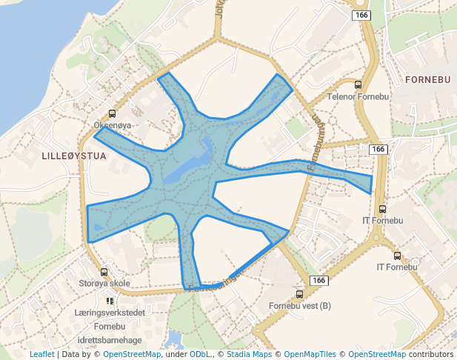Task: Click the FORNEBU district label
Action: [429, 78]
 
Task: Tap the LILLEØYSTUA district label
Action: [74, 156]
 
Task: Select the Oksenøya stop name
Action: [113, 125]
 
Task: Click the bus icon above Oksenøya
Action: [112, 113]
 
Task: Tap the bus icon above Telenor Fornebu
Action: [358, 84]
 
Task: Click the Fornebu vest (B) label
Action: [299, 306]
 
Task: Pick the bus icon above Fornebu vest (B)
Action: [299, 294]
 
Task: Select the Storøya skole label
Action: [104, 283]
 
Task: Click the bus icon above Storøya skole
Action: [104, 272]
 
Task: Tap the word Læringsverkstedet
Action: [110, 313]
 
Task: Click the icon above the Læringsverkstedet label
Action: [110, 301]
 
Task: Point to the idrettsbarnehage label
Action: [110, 339]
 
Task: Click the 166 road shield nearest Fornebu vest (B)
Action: [318, 280]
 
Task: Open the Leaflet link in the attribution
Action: [41, 355]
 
